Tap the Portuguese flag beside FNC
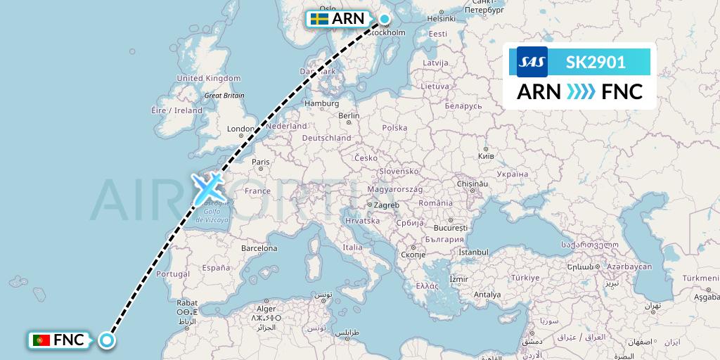pyautogui.click(x=41, y=341)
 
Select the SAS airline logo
pyautogui.click(x=532, y=63)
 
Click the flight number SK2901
pyautogui.click(x=596, y=63)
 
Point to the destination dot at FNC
pyautogui.click(x=106, y=341)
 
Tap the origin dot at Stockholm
pyautogui.click(x=385, y=19)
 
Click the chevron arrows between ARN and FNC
pyautogui.click(x=581, y=92)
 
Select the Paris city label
pyautogui.click(x=261, y=162)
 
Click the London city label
pyautogui.click(x=240, y=129)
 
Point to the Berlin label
pyautogui.click(x=348, y=116)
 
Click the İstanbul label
pyautogui.click(x=473, y=252)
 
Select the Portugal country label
pyautogui.click(x=173, y=274)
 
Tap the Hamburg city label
pyautogui.click(x=321, y=103)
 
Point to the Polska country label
pyautogui.click(x=394, y=128)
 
